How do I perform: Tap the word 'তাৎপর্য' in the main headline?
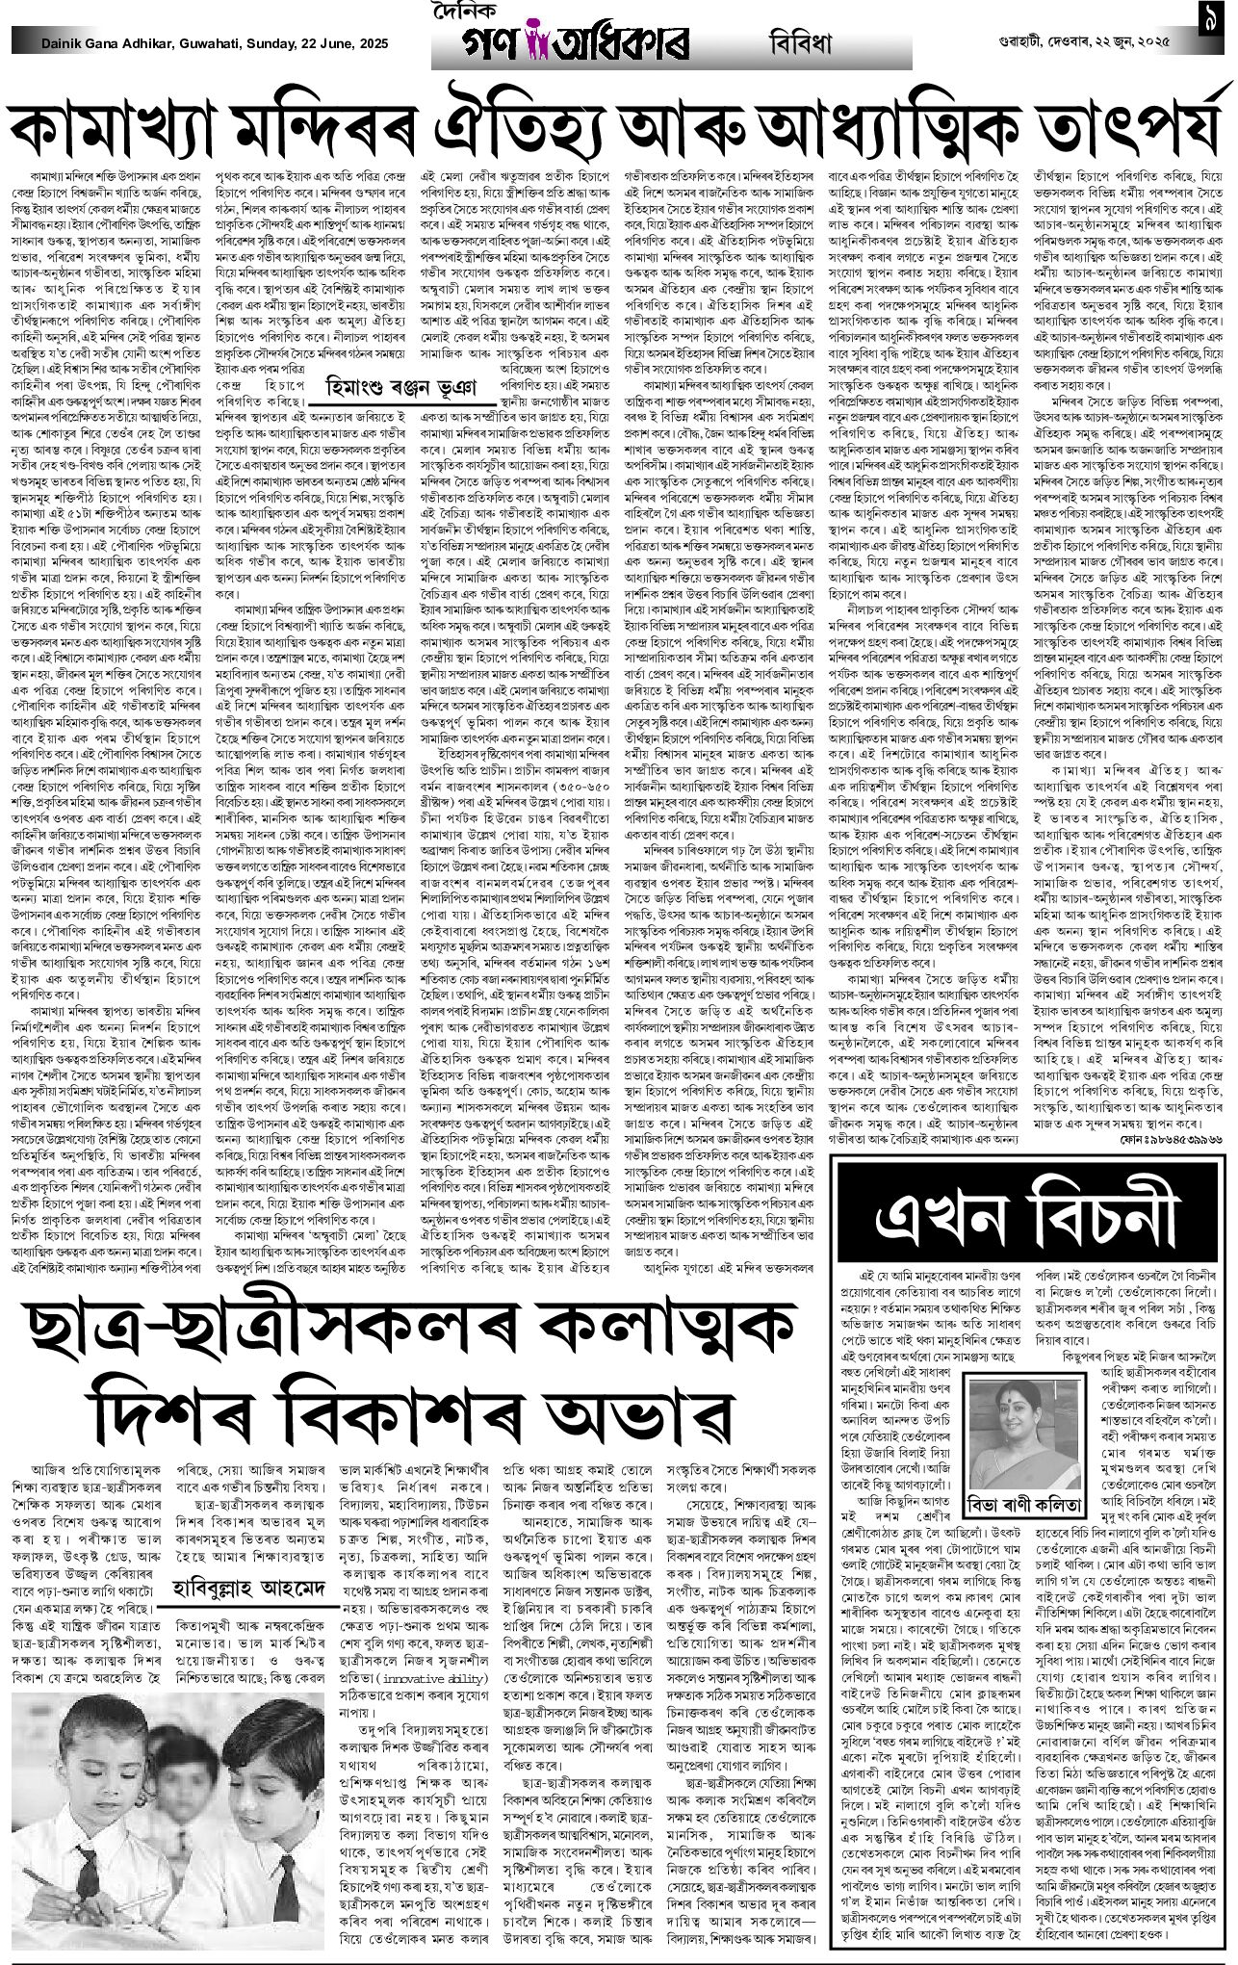coord(1132,126)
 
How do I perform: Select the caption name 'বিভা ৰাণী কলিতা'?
coord(1022,1477)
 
